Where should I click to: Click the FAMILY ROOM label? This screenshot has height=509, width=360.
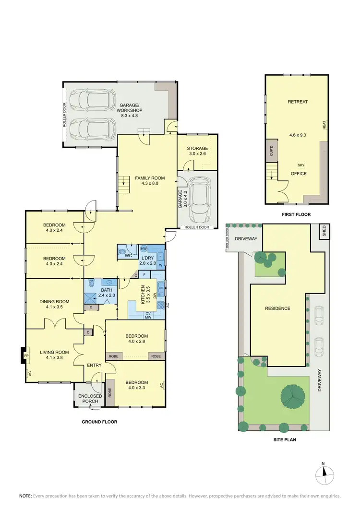[146, 178]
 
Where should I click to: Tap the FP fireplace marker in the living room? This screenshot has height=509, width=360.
[26, 356]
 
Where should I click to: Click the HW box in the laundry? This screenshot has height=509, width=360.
[144, 248]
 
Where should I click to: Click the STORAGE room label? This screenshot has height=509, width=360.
[197, 149]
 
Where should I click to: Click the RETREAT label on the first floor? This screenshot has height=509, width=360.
[298, 102]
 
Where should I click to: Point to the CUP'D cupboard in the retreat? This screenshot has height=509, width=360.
[271, 151]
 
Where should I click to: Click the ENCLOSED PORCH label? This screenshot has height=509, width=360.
[90, 399]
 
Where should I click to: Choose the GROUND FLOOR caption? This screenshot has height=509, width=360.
[99, 422]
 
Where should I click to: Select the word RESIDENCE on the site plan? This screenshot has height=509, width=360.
[277, 308]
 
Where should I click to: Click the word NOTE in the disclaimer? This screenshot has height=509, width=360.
[25, 495]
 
